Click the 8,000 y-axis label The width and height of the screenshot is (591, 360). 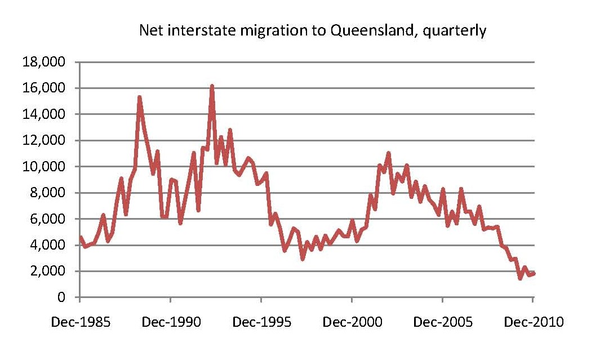tap(47, 193)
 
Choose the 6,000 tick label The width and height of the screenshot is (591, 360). tap(47, 219)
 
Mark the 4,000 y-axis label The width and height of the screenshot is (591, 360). tap(47, 245)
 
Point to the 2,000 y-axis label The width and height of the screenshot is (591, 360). tap(47, 271)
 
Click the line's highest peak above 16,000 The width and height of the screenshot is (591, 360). tap(212, 86)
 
